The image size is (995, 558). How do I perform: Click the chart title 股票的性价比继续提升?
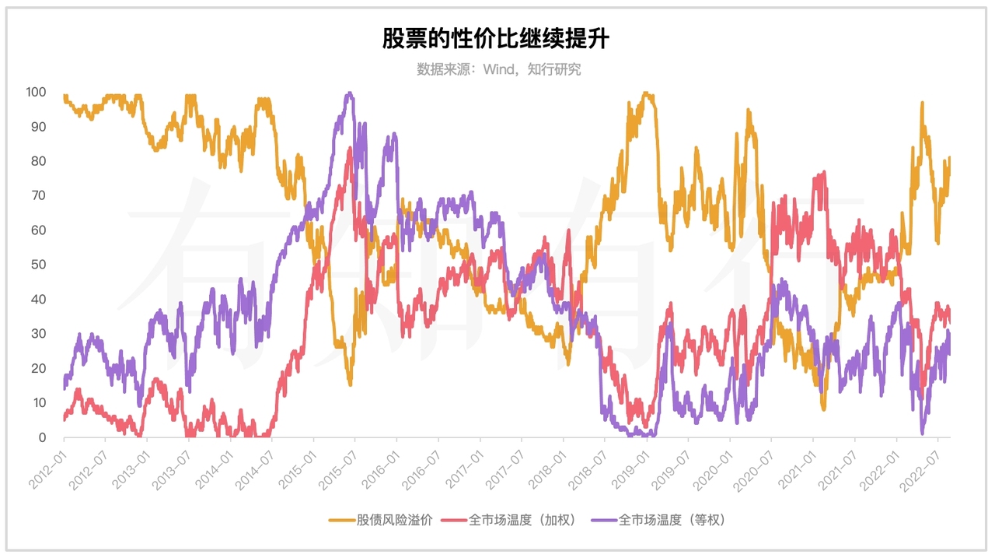click(x=495, y=38)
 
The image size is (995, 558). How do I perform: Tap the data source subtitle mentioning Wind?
click(x=498, y=69)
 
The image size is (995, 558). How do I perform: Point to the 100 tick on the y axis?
click(x=37, y=92)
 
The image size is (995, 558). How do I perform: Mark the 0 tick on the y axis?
click(x=43, y=437)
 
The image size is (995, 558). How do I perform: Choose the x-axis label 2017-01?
click(x=464, y=466)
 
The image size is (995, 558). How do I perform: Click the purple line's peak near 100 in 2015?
click(x=349, y=93)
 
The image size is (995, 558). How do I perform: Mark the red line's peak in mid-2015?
click(x=350, y=148)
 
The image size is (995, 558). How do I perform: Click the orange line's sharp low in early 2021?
click(x=823, y=409)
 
